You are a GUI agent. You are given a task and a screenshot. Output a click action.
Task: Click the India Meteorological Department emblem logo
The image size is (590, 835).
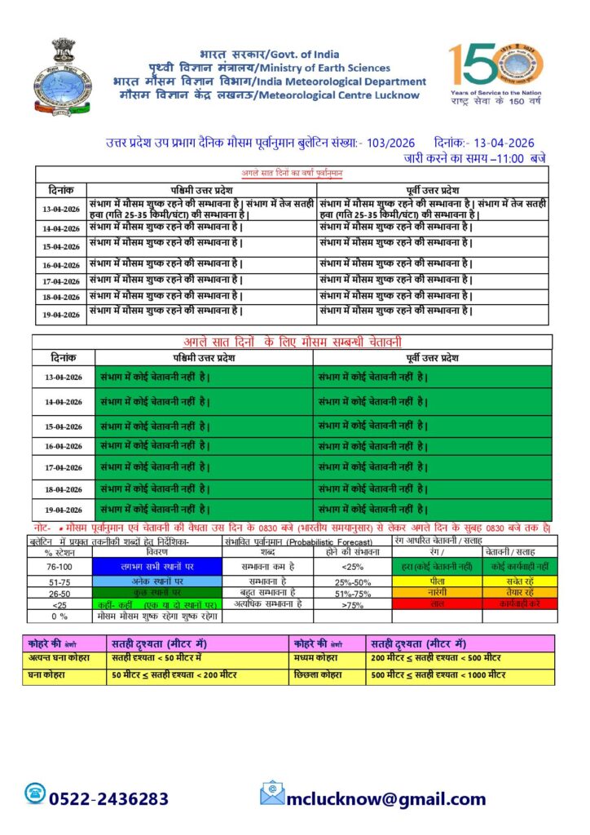[x=58, y=78]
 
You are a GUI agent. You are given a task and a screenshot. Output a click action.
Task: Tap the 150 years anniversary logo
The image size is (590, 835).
[x=493, y=73]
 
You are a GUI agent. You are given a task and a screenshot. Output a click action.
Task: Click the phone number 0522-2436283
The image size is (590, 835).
[x=109, y=799]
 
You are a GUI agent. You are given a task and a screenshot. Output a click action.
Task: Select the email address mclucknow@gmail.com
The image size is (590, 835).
[x=385, y=799]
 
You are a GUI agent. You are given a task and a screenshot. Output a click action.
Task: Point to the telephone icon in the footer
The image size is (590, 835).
[x=36, y=793]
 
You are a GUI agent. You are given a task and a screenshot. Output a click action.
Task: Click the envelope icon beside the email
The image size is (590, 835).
[x=272, y=793]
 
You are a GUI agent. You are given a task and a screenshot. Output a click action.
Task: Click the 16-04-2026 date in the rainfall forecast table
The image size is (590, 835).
[x=61, y=265]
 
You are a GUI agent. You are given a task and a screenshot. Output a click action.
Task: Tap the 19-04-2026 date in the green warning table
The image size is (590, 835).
[x=63, y=510]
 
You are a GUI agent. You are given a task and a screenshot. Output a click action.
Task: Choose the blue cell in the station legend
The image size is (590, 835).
[x=156, y=566]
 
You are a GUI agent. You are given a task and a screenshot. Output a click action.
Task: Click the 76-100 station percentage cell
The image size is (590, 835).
[x=59, y=566]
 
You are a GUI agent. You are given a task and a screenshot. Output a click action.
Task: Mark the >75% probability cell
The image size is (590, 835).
[x=354, y=604]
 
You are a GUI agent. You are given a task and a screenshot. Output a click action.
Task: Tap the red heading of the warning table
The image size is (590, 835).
[x=292, y=342]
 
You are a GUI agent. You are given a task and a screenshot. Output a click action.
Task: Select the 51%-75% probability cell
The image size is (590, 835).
[x=354, y=592]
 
